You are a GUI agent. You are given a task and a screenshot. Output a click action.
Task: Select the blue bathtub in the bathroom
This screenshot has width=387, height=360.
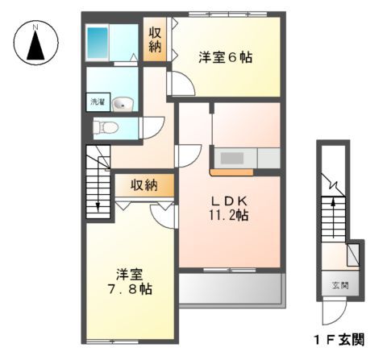point(98,40)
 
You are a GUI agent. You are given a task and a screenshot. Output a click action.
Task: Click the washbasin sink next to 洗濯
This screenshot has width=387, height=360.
point(123,103)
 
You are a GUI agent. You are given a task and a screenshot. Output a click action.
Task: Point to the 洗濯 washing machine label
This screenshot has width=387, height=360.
point(97,103)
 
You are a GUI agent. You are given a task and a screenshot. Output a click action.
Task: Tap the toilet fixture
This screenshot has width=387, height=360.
point(106,126)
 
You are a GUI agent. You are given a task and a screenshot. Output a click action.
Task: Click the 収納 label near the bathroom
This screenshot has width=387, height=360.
point(155,40)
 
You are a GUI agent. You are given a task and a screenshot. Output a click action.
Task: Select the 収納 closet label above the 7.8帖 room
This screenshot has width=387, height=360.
point(144,186)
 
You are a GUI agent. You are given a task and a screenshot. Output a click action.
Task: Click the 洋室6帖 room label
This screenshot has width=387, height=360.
point(226,57)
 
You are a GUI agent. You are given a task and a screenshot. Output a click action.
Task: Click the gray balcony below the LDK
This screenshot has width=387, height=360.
point(229,288)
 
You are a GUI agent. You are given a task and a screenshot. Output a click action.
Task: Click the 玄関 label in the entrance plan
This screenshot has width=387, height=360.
point(339,284)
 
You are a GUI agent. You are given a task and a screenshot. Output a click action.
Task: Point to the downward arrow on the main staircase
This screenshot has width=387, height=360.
point(99,206)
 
